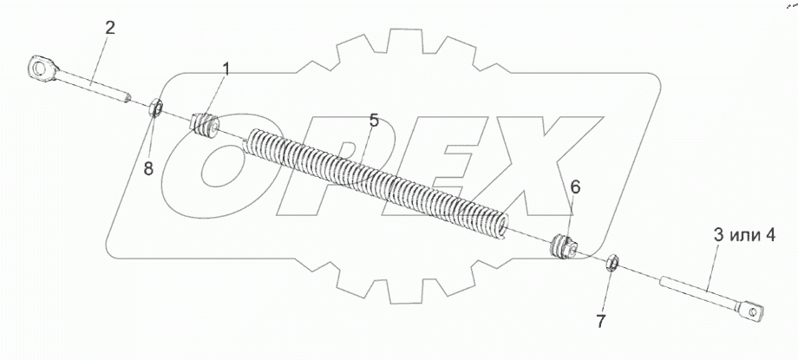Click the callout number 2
(110, 28)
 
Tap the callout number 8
(148, 168)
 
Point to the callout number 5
(374, 121)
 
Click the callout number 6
(574, 187)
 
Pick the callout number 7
(601, 322)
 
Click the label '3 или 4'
(743, 235)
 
